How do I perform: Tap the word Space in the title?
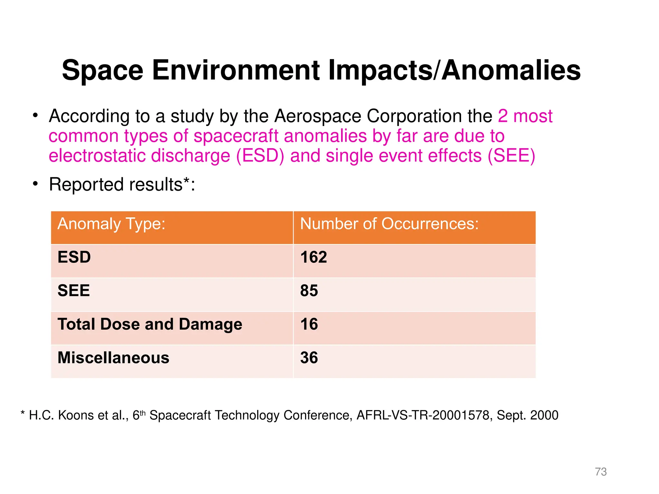click(x=102, y=71)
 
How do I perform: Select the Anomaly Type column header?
click(x=111, y=224)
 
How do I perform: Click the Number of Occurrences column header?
click(x=389, y=224)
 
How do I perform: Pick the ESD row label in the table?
click(x=74, y=257)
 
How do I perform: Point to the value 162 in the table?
click(x=313, y=257)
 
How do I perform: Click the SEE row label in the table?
click(x=74, y=291)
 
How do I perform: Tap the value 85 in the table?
click(x=309, y=291)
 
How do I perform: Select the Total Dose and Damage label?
click(x=150, y=324)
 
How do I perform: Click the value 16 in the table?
click(x=309, y=324)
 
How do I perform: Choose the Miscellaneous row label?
click(x=113, y=358)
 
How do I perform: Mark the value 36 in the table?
click(x=309, y=358)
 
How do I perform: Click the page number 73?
click(x=601, y=471)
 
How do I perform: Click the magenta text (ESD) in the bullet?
click(x=260, y=156)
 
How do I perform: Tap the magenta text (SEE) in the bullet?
click(x=511, y=156)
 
